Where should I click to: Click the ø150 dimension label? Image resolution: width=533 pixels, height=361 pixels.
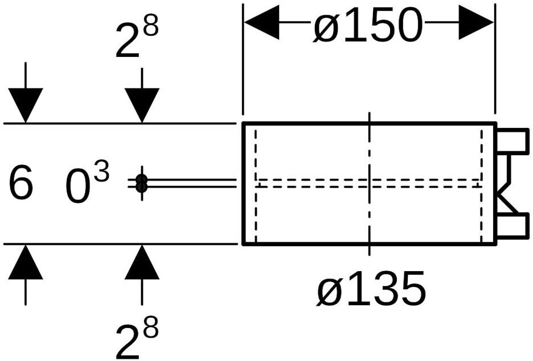pos(368,25)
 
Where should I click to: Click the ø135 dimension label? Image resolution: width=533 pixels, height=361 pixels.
pos(371,288)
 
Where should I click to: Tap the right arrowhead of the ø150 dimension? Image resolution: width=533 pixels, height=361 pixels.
pos(476,22)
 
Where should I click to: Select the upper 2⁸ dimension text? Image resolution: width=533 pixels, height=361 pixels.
pos(137,40)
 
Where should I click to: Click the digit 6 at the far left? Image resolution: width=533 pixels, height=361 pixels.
pos(20,182)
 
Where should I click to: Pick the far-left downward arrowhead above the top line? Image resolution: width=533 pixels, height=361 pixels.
pos(26,105)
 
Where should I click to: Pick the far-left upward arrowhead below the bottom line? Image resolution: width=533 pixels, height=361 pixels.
pos(26,262)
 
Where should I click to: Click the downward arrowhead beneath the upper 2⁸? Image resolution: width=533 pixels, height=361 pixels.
pos(142,105)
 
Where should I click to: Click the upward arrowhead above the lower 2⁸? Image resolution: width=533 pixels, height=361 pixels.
pos(142,262)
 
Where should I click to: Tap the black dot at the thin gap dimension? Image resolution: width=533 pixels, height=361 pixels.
pos(141,183)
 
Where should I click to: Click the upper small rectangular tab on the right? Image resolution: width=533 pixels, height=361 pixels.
pos(512,141)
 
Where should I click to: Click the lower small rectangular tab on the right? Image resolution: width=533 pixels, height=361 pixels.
pos(512,226)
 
